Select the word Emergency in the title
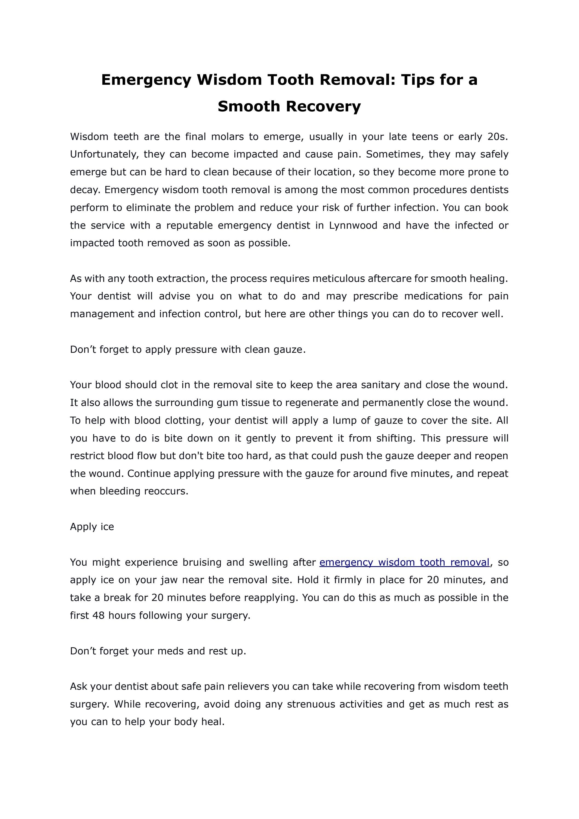pyautogui.click(x=146, y=79)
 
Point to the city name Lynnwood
pyautogui.click(x=353, y=225)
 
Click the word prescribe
pyautogui.click(x=375, y=296)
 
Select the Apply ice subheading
pyautogui.click(x=92, y=527)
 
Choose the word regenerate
pyautogui.click(x=311, y=403)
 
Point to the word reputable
pyautogui.click(x=189, y=225)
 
